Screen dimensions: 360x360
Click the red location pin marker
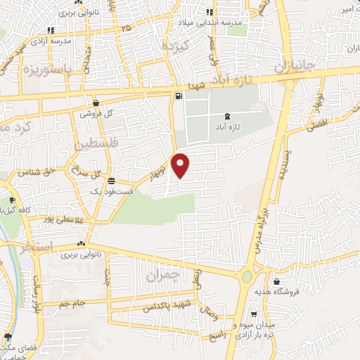click(x=181, y=165)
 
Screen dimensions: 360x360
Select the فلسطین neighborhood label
click(x=94, y=144)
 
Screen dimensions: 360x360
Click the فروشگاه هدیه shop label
click(x=296, y=290)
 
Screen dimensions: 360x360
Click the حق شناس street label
click(x=40, y=172)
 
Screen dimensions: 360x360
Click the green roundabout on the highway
click(x=247, y=276)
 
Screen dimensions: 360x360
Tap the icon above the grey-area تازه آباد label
click(x=226, y=117)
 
